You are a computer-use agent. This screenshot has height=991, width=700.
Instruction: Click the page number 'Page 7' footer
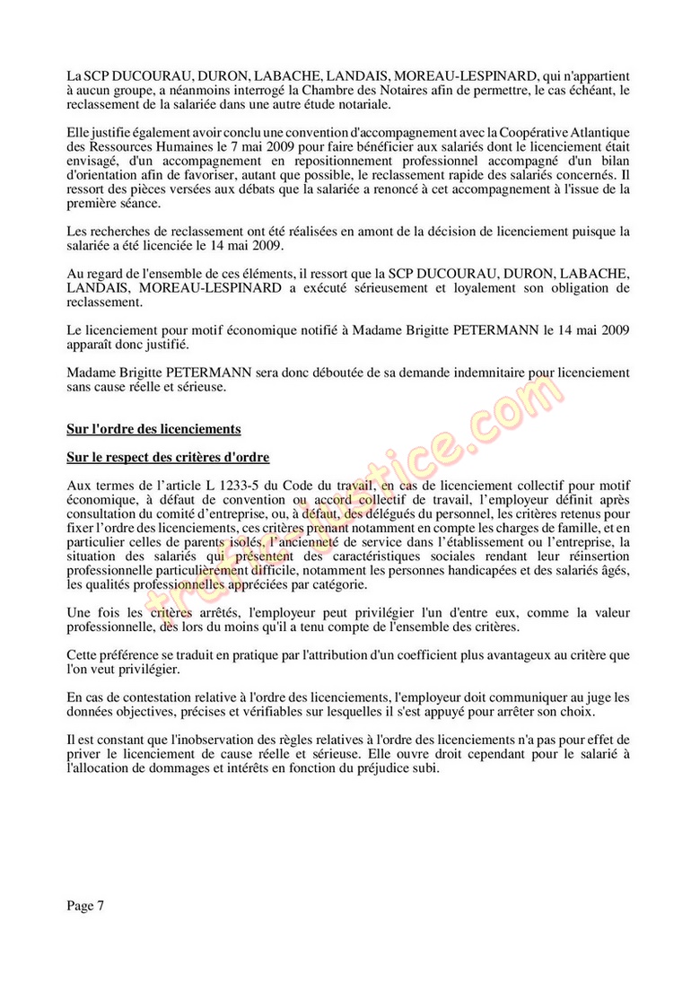pyautogui.click(x=85, y=906)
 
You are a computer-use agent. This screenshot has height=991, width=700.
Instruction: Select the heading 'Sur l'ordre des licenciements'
pyautogui.click(x=153, y=428)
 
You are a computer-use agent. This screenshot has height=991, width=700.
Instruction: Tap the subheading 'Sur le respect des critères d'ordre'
pyautogui.click(x=168, y=457)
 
